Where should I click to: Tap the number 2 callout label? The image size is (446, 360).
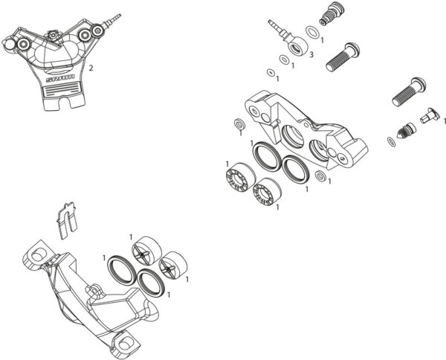[91, 68]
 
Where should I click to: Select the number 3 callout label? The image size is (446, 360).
[311, 56]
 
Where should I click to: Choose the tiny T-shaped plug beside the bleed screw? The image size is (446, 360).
[428, 115]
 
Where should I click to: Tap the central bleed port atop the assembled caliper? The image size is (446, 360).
[54, 35]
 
